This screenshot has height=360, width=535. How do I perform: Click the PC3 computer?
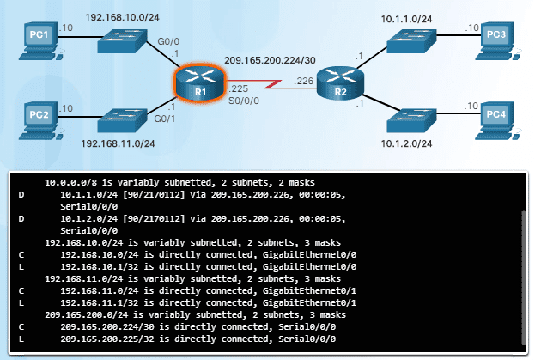point(497,37)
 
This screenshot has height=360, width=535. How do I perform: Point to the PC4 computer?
point(497,116)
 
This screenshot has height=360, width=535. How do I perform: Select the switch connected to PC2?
point(124,119)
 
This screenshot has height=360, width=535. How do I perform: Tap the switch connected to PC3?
point(411,39)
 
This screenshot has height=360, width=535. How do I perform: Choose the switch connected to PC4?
point(411,119)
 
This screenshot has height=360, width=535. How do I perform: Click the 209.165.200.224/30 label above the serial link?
point(270,59)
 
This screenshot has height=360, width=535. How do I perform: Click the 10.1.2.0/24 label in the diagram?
point(414,143)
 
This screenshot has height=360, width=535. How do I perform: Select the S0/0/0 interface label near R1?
point(241,101)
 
